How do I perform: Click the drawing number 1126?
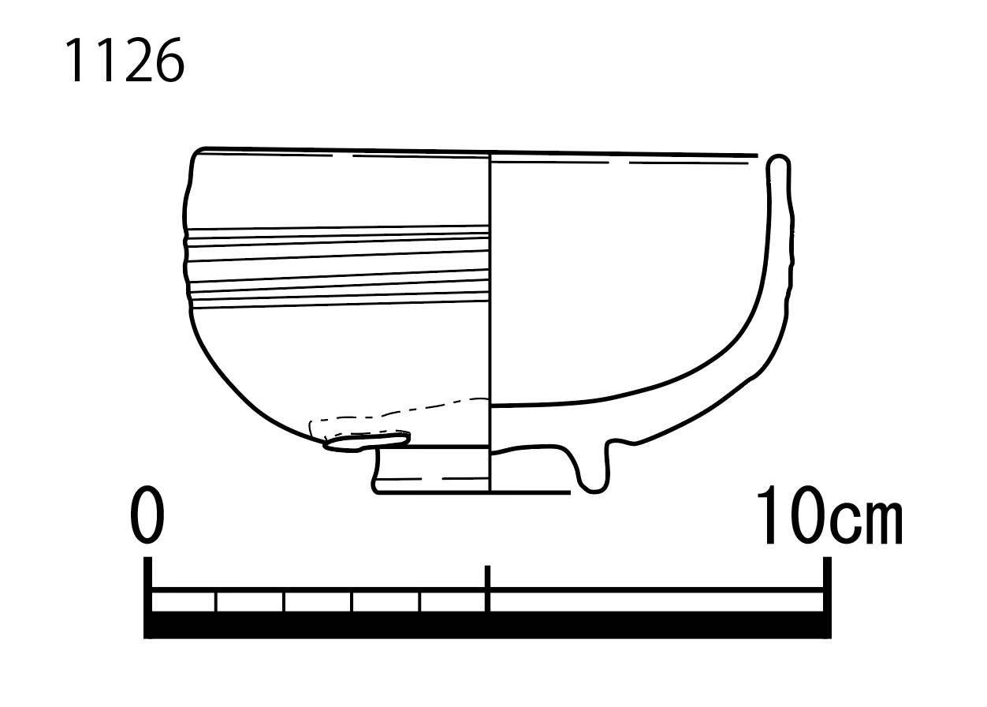[125, 60]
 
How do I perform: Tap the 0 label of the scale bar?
[147, 515]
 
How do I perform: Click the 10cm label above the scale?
[829, 515]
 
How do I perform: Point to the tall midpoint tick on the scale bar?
[487, 589]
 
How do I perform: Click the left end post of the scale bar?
[148, 597]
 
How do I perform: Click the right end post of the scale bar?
[827, 597]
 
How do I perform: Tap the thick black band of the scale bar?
[487, 625]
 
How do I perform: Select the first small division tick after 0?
[216, 602]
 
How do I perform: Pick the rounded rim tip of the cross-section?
[778, 162]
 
